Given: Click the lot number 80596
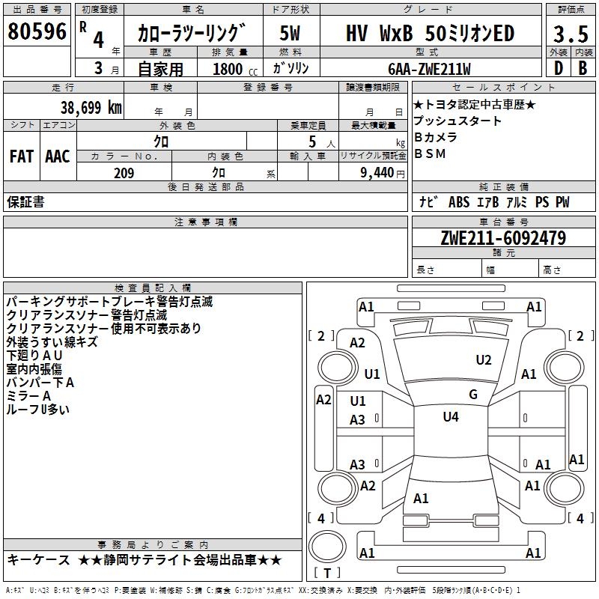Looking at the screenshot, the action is [x=37, y=32].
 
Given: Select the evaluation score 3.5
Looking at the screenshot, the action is [x=569, y=34].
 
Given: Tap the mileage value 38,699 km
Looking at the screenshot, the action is [x=91, y=107].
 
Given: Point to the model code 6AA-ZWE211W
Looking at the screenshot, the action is [x=429, y=68].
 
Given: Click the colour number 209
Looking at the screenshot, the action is [x=124, y=173].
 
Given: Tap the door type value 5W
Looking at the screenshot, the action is [x=290, y=34].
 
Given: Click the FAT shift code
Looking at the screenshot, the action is [x=21, y=156].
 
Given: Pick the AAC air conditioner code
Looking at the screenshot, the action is [x=58, y=156].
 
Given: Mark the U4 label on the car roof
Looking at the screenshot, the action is [x=450, y=417].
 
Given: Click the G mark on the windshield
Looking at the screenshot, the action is [x=472, y=394].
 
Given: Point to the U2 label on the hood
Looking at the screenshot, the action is [x=484, y=360].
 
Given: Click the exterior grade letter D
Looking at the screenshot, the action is [x=557, y=68].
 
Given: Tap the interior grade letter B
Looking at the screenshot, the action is [x=582, y=68].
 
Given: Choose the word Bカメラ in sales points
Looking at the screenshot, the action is [x=435, y=138].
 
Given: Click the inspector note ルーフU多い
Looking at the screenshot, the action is [x=38, y=410].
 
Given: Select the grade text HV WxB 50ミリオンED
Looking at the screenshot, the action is [x=430, y=34].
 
